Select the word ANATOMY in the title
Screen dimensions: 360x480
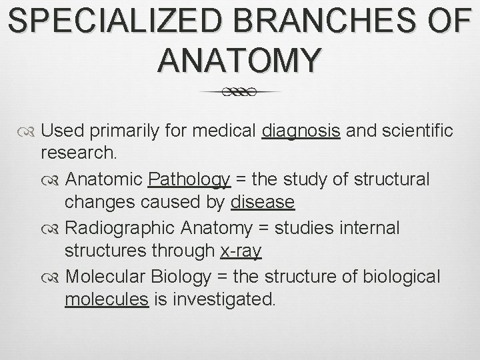pos(240,60)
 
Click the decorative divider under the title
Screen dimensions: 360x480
pos(240,92)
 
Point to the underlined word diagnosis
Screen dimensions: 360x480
pos(302,131)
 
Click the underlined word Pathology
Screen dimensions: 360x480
pos(189,180)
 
